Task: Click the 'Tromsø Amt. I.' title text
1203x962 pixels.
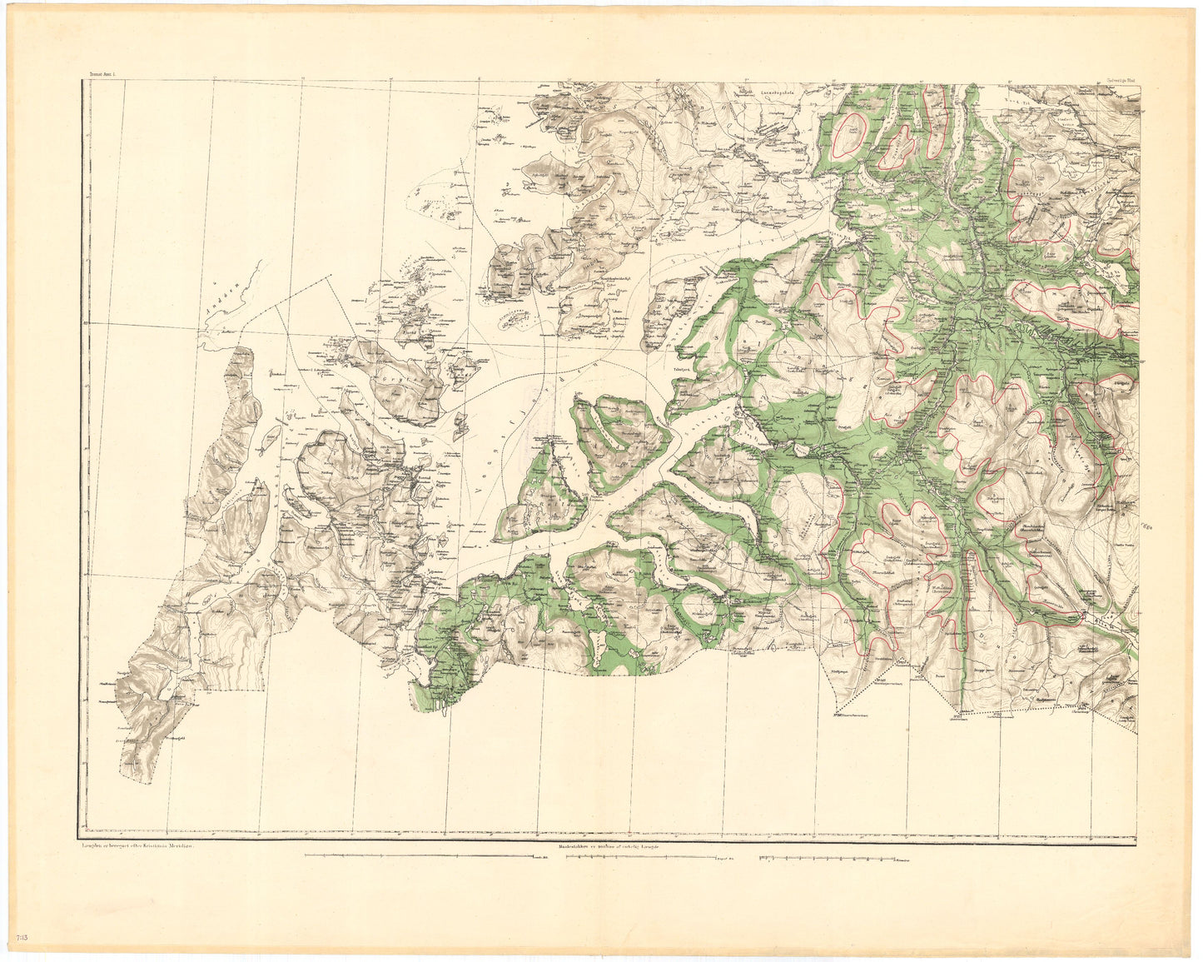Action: pos(100,76)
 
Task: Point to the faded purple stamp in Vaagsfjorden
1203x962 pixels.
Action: pos(533,391)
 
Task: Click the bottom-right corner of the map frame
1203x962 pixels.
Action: pos(1136,835)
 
